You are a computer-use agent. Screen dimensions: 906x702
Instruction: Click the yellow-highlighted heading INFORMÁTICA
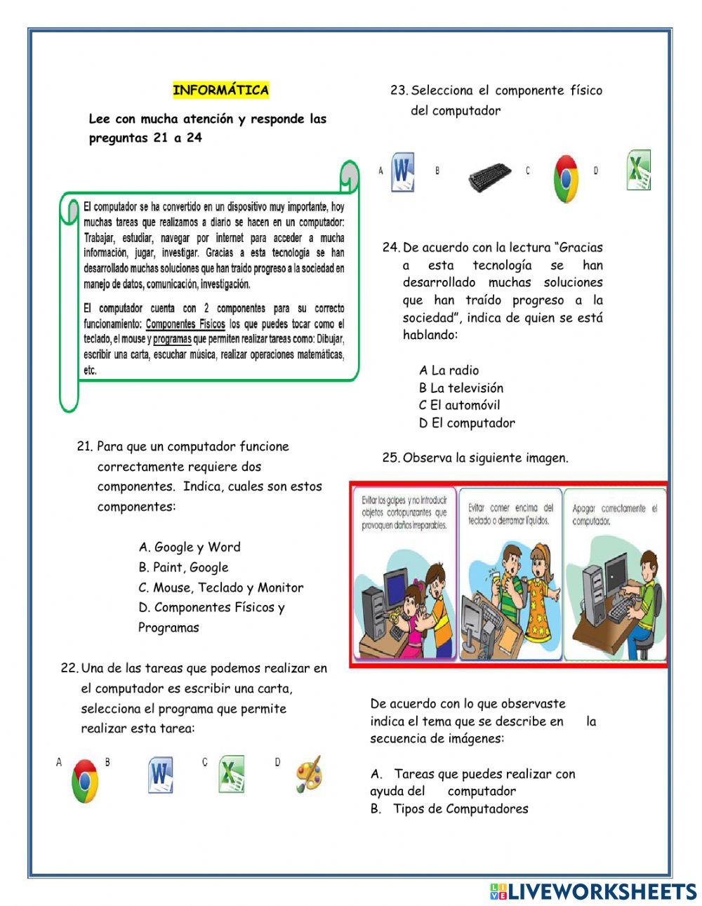[220, 90]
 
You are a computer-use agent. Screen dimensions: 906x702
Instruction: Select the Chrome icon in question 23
[565, 178]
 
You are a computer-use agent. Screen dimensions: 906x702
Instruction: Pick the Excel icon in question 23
[638, 171]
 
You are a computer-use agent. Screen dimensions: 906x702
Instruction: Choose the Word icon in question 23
[402, 171]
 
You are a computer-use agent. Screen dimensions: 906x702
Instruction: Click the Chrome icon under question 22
[85, 780]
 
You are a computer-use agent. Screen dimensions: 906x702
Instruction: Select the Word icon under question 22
[161, 775]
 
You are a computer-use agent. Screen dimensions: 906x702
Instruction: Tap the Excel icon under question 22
[231, 774]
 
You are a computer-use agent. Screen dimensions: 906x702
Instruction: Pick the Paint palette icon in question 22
[308, 774]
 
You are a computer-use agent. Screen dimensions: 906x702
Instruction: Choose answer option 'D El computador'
[467, 423]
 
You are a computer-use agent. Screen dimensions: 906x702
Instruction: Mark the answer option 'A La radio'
[449, 371]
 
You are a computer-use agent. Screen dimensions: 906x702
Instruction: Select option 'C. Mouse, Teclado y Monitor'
[221, 588]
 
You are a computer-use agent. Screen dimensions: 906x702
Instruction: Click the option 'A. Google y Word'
[190, 547]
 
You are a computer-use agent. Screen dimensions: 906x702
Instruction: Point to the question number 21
[84, 446]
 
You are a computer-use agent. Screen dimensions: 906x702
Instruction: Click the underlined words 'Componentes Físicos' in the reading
[185, 324]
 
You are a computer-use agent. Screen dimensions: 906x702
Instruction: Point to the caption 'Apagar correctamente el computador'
[614, 514]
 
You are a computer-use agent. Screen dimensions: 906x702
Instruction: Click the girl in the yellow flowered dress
[541, 593]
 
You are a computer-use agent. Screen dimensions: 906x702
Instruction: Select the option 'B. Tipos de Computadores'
[449, 809]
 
